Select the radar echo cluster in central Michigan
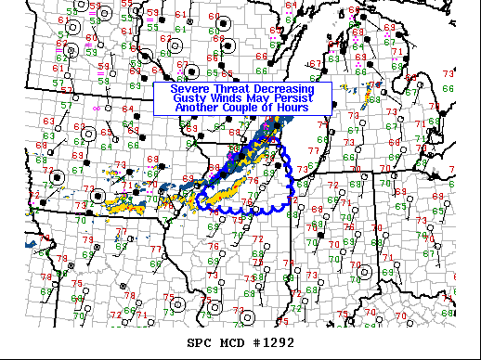coord(370,93)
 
